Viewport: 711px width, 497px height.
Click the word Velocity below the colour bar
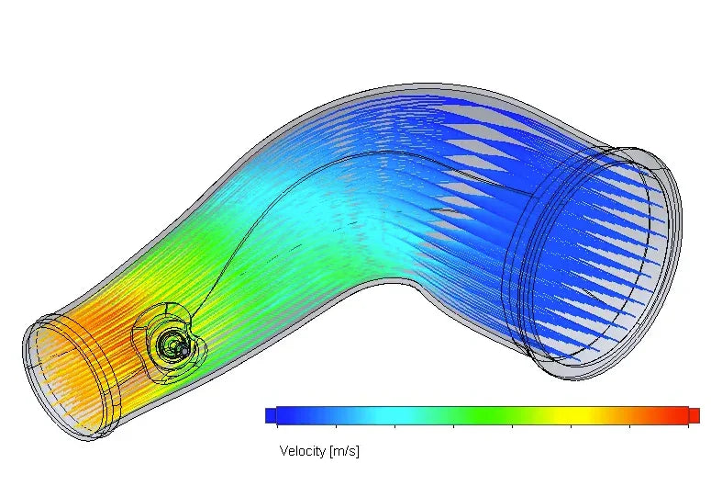click(x=302, y=451)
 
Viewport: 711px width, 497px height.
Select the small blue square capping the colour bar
click(x=270, y=415)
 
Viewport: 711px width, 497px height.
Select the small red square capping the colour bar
click(x=694, y=415)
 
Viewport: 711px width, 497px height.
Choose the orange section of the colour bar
click(x=642, y=415)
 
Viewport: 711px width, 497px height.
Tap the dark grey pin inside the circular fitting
click(x=183, y=350)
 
